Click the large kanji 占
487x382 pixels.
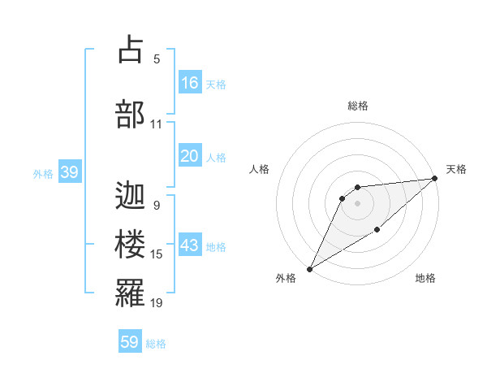(x=130, y=50)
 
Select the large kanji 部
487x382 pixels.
(x=130, y=115)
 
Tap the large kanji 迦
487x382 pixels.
(x=130, y=196)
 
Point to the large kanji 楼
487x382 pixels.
(x=130, y=245)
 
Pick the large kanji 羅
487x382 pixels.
(x=130, y=293)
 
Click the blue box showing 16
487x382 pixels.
(x=189, y=83)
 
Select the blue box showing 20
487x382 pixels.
(x=189, y=156)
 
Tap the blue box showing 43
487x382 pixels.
(x=189, y=245)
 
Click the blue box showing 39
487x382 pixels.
(x=69, y=172)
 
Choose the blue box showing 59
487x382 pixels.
(x=130, y=342)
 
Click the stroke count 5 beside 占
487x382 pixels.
(x=157, y=59)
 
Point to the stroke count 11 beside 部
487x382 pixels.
(x=157, y=124)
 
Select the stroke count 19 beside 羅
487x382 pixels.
(x=157, y=303)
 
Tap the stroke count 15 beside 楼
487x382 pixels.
(x=157, y=254)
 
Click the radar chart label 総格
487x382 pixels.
(x=357, y=106)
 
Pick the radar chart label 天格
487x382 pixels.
(x=456, y=169)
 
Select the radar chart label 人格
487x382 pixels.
(x=259, y=169)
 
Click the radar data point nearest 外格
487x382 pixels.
(x=309, y=268)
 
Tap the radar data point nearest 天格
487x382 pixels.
(x=435, y=178)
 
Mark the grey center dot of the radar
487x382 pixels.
(x=357, y=203)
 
